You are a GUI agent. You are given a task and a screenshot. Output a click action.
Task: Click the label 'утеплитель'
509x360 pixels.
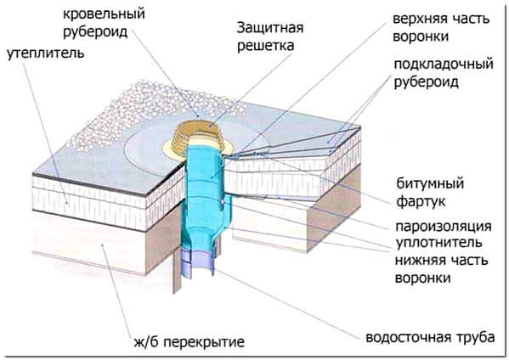click(x=45, y=53)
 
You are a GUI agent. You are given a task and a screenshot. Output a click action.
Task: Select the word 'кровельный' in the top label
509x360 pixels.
click(x=104, y=14)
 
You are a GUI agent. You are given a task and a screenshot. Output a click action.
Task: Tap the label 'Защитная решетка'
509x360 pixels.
click(x=269, y=37)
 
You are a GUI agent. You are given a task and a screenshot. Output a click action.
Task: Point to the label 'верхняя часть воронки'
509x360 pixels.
click(x=441, y=27)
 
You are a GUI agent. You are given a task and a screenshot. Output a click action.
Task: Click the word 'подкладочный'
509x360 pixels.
click(x=444, y=64)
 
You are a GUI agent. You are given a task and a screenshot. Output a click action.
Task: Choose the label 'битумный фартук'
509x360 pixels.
click(x=430, y=193)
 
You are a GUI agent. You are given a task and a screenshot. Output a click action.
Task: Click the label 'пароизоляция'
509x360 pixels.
click(x=444, y=226)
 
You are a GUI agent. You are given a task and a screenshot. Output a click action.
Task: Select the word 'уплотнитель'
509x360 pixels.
click(x=438, y=243)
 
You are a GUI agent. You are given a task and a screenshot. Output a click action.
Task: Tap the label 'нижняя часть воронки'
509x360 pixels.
click(x=441, y=269)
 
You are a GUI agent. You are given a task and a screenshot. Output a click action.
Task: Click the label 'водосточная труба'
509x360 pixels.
click(x=430, y=338)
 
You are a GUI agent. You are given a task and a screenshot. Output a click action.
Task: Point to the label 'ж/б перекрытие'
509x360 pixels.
click(x=189, y=342)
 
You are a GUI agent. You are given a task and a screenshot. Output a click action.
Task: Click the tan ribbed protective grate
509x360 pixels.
click(x=198, y=136)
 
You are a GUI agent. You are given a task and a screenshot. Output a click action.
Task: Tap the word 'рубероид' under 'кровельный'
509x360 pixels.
click(x=95, y=32)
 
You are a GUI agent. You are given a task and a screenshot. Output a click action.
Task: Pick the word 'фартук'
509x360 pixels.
click(x=421, y=202)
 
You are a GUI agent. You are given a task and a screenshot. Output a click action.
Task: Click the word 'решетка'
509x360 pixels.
click(x=265, y=45)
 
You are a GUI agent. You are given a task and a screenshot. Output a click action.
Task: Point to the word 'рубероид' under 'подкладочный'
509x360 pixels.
click(x=427, y=82)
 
